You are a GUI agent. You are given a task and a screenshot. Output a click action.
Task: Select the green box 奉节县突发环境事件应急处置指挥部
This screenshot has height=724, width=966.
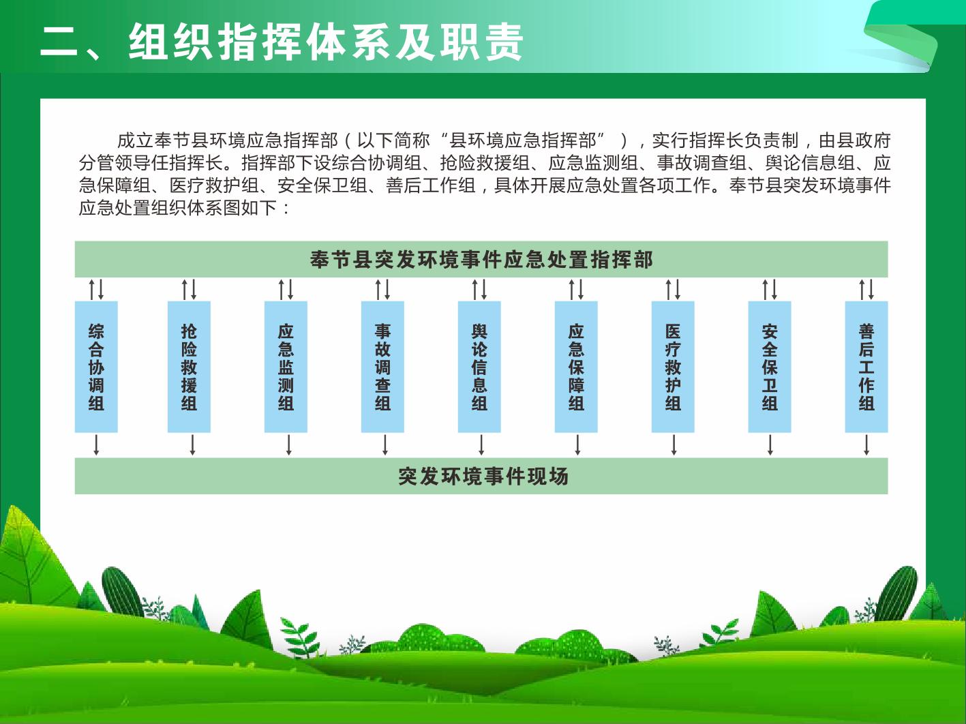(481, 259)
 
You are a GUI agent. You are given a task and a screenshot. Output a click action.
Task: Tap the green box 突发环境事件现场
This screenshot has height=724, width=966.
(481, 476)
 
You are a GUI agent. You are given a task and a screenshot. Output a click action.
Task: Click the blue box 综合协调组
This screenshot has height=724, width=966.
(96, 367)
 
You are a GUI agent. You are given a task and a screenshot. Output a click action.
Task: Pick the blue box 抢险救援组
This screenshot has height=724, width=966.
(189, 367)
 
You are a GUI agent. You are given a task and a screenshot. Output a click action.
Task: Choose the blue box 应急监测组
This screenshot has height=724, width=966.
(286, 367)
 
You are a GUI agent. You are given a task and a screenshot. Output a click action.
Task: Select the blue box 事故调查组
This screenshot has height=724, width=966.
(382, 367)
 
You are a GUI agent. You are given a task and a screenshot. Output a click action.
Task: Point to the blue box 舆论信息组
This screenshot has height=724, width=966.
(479, 367)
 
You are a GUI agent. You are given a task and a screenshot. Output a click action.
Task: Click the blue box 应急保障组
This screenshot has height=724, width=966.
(576, 367)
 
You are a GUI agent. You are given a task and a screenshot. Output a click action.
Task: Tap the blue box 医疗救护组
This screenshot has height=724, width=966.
(673, 367)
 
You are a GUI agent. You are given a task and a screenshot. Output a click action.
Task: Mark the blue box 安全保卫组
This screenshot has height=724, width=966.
(770, 367)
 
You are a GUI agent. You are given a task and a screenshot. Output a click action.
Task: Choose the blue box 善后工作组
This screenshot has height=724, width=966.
(866, 367)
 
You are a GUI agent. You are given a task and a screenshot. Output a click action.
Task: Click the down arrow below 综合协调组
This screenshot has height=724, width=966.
(96, 445)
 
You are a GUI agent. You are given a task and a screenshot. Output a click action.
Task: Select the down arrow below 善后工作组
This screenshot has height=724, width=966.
(866, 445)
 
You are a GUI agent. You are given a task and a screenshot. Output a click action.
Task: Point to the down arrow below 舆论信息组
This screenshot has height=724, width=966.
(481, 445)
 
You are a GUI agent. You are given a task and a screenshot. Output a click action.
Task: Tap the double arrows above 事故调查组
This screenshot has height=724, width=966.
(382, 289)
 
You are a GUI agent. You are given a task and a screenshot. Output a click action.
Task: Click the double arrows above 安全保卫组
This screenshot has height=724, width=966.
(770, 289)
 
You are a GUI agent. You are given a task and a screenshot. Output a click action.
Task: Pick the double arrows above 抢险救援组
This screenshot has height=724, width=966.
(189, 289)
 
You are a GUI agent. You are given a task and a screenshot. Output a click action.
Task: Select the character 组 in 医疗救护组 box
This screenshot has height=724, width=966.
(673, 404)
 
